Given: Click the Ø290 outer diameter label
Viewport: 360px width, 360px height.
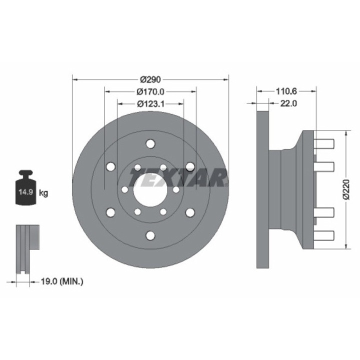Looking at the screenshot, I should [x=150, y=79].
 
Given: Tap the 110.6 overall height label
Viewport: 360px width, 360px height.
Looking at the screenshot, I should [x=286, y=91].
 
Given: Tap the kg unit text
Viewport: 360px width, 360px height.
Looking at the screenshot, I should [x=43, y=193].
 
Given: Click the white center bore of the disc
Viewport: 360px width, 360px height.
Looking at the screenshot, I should [x=150, y=189].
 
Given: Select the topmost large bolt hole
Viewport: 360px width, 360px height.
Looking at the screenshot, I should [x=150, y=144].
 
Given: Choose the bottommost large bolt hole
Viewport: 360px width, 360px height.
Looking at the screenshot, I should [x=150, y=235].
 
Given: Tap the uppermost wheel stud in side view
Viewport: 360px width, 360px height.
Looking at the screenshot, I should [x=324, y=144].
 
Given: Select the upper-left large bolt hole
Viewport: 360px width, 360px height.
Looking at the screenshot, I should [x=110, y=167].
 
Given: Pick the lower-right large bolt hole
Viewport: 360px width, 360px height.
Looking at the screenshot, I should [x=189, y=212].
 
